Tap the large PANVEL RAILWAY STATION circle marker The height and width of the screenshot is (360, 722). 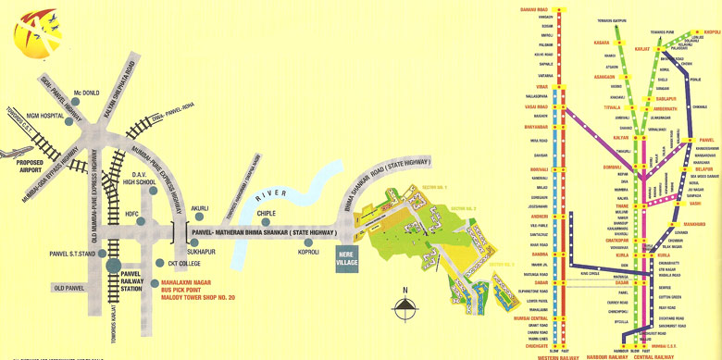click(x=114, y=267)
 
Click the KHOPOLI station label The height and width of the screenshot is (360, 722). click(x=712, y=31)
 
